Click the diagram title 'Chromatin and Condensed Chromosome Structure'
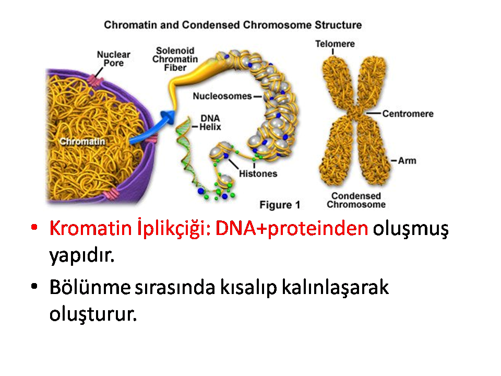233,25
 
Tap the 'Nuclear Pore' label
113,59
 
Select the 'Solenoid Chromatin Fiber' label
175,59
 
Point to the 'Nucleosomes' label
222,96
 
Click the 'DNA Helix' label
210,123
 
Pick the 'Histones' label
258,173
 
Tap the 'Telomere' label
335,44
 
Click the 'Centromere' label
408,113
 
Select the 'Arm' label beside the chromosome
407,160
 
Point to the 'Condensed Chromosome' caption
356,200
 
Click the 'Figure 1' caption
280,205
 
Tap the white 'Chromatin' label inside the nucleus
82,142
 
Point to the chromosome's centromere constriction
355,113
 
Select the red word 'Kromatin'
90,228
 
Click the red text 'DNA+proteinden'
292,228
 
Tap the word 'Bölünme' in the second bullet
90,287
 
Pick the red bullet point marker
34,227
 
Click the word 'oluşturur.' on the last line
93,314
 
